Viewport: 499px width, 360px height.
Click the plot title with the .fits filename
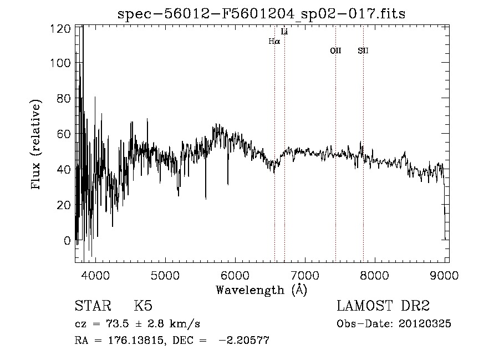coord(261,14)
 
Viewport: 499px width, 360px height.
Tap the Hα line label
coord(274,41)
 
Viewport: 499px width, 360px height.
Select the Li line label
coord(284,32)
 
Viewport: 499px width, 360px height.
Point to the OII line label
coord(335,51)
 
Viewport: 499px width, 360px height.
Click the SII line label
coord(363,51)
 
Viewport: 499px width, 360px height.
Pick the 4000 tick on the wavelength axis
coord(95,276)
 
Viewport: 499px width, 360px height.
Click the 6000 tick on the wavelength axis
coord(235,276)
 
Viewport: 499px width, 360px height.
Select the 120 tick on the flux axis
coord(60,28)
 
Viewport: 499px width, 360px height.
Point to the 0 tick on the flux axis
coord(67,241)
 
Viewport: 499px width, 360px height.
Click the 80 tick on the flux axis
coord(63,99)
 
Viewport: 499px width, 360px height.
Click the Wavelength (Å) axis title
coord(261,290)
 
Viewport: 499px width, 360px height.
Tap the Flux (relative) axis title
coord(37,145)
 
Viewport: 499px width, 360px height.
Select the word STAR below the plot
coord(93,306)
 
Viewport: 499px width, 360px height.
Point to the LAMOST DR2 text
coord(383,306)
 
